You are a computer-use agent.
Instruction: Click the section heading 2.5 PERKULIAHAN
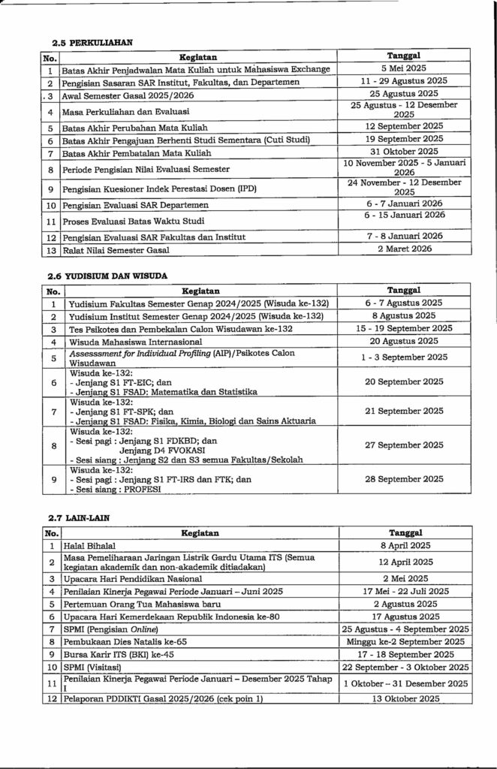87,43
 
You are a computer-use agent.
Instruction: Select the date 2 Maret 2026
404,249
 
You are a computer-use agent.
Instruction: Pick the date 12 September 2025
404,126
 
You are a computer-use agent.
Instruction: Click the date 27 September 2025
404,444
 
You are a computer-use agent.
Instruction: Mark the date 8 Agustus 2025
404,316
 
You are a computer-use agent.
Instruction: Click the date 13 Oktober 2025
404,699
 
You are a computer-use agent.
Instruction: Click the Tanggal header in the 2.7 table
404,532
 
